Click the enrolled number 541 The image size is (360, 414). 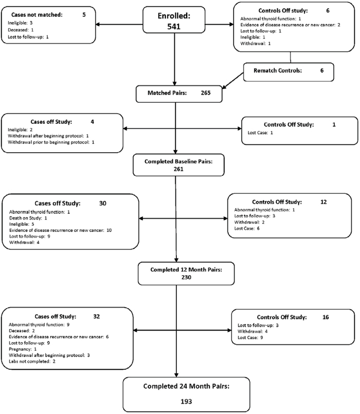[x=174, y=26]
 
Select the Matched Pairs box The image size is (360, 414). [x=179, y=94]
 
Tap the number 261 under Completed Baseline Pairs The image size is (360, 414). [x=178, y=169]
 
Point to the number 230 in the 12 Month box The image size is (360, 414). [x=186, y=277]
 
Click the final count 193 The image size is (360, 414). [x=186, y=402]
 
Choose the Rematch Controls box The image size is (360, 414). [x=289, y=72]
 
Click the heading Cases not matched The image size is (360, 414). [x=37, y=15]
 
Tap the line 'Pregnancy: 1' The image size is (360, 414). [x=23, y=349]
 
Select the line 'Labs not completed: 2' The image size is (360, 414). [x=32, y=361]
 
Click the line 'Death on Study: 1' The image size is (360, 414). [x=28, y=218]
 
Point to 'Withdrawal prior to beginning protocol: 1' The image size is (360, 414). [x=51, y=142]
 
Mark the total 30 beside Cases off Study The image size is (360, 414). [x=103, y=203]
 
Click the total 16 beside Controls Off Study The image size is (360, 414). [x=326, y=317]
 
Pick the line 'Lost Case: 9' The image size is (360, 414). [x=250, y=337]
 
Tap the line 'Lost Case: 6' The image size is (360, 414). [x=247, y=228]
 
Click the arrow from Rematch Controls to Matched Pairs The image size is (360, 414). [x=232, y=81]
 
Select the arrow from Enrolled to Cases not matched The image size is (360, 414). [x=119, y=25]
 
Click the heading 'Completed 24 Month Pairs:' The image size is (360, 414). [x=187, y=386]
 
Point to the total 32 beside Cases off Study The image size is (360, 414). [x=97, y=316]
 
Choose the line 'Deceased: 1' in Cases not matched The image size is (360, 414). [x=21, y=30]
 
